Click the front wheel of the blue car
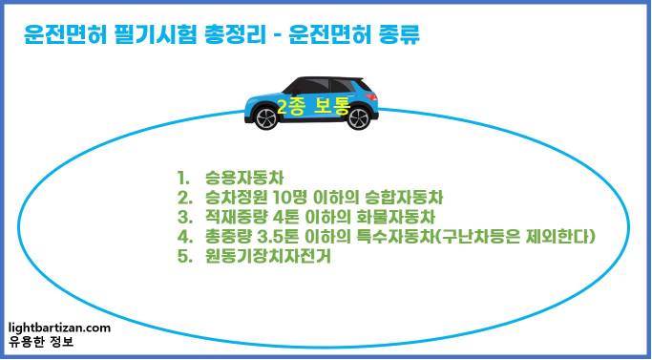point(357,118)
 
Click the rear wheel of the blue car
point(265,118)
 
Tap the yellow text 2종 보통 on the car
point(311,106)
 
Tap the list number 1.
point(182,178)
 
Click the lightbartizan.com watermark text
point(58,328)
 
